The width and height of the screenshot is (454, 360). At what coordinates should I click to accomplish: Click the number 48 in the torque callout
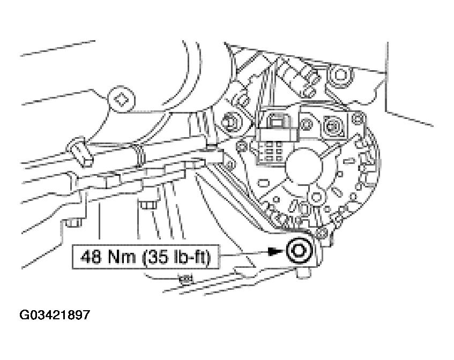[x=91, y=257]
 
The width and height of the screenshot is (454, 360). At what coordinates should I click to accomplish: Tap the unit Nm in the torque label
[x=121, y=257]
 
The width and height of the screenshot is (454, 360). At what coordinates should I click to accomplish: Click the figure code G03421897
[x=55, y=315]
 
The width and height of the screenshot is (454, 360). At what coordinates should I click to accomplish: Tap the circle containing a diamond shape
[x=121, y=99]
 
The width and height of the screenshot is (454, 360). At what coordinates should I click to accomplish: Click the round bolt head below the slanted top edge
[x=340, y=75]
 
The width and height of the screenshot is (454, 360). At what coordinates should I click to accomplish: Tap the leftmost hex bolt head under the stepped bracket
[x=73, y=222]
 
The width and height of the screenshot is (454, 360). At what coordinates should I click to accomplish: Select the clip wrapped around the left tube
[x=80, y=152]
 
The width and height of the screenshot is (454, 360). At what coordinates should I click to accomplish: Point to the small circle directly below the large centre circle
[x=316, y=197]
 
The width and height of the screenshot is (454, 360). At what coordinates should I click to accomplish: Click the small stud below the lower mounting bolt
[x=303, y=273]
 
